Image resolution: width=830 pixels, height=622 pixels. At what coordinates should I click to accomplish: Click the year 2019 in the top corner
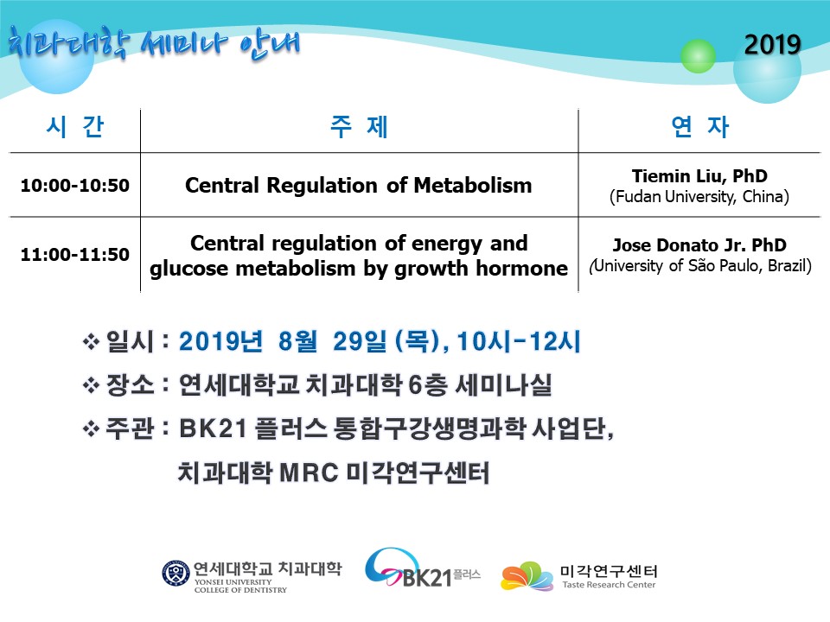click(772, 44)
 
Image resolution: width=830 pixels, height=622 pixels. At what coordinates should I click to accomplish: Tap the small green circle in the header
click(698, 55)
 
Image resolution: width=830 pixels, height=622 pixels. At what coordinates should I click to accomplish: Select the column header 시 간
click(75, 127)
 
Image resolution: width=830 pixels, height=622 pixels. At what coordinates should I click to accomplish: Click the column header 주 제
click(359, 127)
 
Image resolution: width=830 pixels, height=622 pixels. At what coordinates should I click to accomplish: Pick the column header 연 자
click(699, 127)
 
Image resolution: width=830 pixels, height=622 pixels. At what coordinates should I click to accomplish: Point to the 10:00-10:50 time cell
click(74, 185)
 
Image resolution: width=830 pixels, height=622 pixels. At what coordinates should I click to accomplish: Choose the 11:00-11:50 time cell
click(74, 254)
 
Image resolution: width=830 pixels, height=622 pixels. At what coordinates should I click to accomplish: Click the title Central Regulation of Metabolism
click(358, 186)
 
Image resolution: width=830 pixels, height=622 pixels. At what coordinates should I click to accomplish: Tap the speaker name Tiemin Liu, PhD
click(699, 175)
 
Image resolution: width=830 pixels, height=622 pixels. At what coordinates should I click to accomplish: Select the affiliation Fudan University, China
click(699, 197)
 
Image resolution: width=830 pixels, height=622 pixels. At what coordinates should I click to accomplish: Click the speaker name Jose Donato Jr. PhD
click(699, 244)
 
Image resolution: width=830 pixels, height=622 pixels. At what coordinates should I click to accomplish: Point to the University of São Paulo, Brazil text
click(700, 265)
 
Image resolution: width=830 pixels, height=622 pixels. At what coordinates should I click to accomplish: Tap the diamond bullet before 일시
click(91, 342)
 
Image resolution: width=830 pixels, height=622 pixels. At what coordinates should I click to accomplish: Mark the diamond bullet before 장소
click(91, 385)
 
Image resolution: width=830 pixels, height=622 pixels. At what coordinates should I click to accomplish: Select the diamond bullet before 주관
click(91, 428)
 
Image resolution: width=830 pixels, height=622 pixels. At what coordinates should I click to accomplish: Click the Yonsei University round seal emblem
click(176, 574)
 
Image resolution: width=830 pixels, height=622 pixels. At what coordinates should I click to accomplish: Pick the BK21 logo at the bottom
click(423, 568)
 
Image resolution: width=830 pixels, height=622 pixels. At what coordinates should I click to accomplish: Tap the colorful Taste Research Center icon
click(527, 576)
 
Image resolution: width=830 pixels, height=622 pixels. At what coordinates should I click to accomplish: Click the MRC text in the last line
click(309, 473)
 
